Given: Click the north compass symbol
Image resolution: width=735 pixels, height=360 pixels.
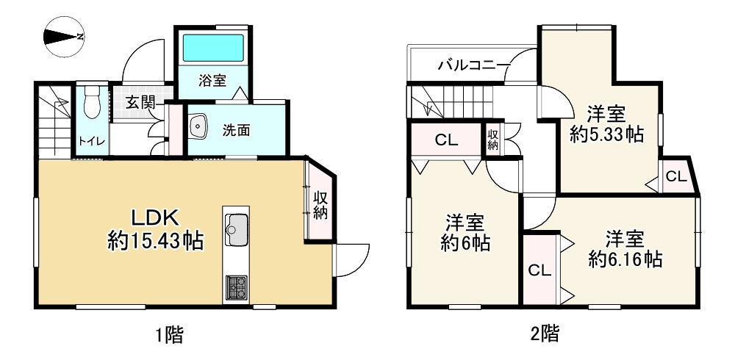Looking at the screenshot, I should point(64,36).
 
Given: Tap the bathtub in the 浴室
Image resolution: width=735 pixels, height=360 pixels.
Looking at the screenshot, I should point(213,48).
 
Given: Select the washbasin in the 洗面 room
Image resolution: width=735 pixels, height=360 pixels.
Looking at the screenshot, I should point(198,128).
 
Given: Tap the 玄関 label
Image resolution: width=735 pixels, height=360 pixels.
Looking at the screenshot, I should point(139,102).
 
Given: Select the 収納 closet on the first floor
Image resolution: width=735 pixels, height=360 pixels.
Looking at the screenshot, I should point(320,205).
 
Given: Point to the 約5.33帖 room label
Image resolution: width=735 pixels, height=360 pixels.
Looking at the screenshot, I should point(607,125).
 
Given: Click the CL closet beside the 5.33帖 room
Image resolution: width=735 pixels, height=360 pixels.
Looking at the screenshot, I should point(677,176).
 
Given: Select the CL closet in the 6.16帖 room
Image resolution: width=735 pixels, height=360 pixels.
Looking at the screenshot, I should point(539,270).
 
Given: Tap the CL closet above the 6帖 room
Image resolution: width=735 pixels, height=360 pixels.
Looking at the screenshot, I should point(446,140).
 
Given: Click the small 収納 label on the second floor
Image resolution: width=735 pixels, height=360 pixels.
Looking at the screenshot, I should point(492,140).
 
